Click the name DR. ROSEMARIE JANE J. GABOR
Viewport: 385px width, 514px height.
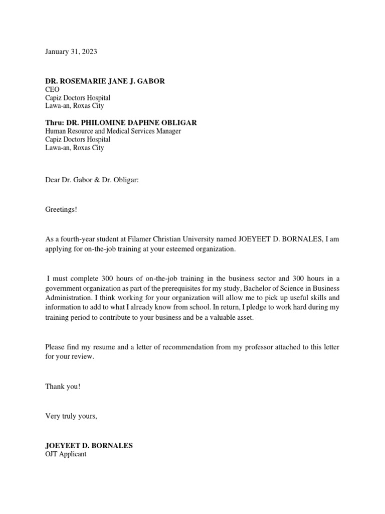(105, 81)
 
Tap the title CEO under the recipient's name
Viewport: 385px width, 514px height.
(52, 89)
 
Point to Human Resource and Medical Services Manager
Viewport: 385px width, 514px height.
(113, 131)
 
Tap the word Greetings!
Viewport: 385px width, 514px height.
(62, 209)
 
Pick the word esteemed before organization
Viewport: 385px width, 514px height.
(177, 249)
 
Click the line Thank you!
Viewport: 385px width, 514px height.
(63, 387)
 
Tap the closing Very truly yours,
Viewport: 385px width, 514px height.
(71, 416)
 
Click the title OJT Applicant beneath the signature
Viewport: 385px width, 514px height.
(66, 454)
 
